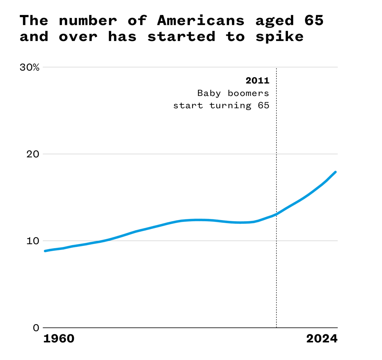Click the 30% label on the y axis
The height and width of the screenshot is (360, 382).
click(29, 68)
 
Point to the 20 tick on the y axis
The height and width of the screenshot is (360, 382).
click(33, 154)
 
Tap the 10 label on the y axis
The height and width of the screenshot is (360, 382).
click(33, 241)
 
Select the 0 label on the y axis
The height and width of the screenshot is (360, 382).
click(36, 328)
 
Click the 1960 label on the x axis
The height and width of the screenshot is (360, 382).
click(59, 339)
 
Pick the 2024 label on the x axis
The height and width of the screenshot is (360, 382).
click(322, 339)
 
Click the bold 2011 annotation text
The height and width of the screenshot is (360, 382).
click(257, 81)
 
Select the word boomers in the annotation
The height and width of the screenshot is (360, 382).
click(248, 93)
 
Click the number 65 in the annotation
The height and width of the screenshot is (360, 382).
click(263, 106)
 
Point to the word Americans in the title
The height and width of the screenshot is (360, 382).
click(201, 21)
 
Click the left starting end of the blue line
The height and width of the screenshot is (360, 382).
click(45, 251)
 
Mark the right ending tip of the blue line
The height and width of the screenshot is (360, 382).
click(335, 172)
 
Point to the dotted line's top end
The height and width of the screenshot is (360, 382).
click(276, 69)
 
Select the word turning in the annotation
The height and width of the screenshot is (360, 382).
click(230, 106)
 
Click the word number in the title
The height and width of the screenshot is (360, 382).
click(88, 21)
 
